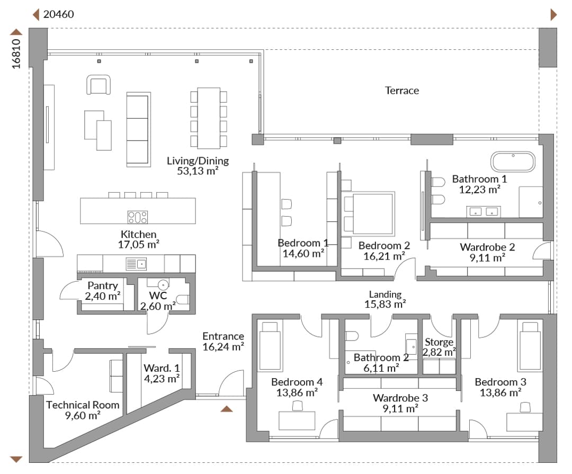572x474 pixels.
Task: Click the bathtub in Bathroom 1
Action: tap(513, 162)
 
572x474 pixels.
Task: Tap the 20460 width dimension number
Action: tap(58, 14)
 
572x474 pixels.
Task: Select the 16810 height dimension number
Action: tap(16, 54)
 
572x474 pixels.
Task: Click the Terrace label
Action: tap(401, 91)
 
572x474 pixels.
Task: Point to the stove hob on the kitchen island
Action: tap(138, 217)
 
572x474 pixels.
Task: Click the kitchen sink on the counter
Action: tap(136, 263)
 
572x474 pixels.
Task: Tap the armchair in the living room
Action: tap(99, 85)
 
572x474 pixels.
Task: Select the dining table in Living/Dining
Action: tap(209, 118)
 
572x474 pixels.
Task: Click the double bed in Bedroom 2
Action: tap(369, 213)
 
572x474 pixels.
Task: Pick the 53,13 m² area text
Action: tap(198, 171)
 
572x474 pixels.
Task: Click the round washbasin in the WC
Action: tap(163, 284)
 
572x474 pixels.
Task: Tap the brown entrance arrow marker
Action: tap(227, 409)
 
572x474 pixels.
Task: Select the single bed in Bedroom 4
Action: tap(270, 346)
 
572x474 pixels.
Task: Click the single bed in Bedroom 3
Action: tap(530, 346)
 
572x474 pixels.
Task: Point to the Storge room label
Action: tap(439, 342)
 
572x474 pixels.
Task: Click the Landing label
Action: tap(385, 294)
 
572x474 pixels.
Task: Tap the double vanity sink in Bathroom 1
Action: tap(484, 212)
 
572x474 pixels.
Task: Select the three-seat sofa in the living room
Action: tap(139, 130)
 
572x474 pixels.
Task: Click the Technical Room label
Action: tap(83, 405)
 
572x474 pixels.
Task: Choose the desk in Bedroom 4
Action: tap(297, 421)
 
